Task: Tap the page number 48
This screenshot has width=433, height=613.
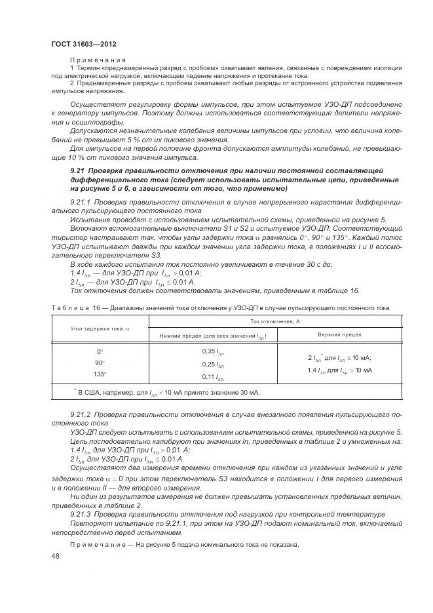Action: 55,555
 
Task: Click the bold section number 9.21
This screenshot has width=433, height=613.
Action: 79,171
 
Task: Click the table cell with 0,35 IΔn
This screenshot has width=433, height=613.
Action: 213,352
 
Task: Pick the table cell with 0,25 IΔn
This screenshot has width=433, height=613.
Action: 213,364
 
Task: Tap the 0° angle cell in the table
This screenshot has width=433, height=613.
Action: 100,352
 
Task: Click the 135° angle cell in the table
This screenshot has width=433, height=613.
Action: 100,374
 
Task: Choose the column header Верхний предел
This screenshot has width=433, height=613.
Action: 339,334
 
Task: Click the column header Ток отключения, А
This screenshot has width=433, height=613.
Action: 275,321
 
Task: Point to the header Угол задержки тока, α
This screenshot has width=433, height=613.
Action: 100,328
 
